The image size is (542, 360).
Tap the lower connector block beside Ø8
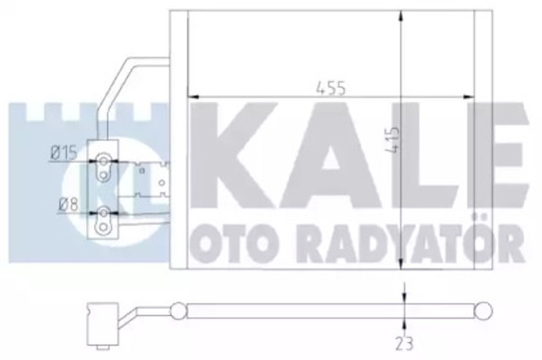(x=102, y=219)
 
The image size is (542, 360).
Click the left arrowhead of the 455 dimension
(x=191, y=95)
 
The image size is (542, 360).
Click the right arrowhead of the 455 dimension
(x=487, y=95)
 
